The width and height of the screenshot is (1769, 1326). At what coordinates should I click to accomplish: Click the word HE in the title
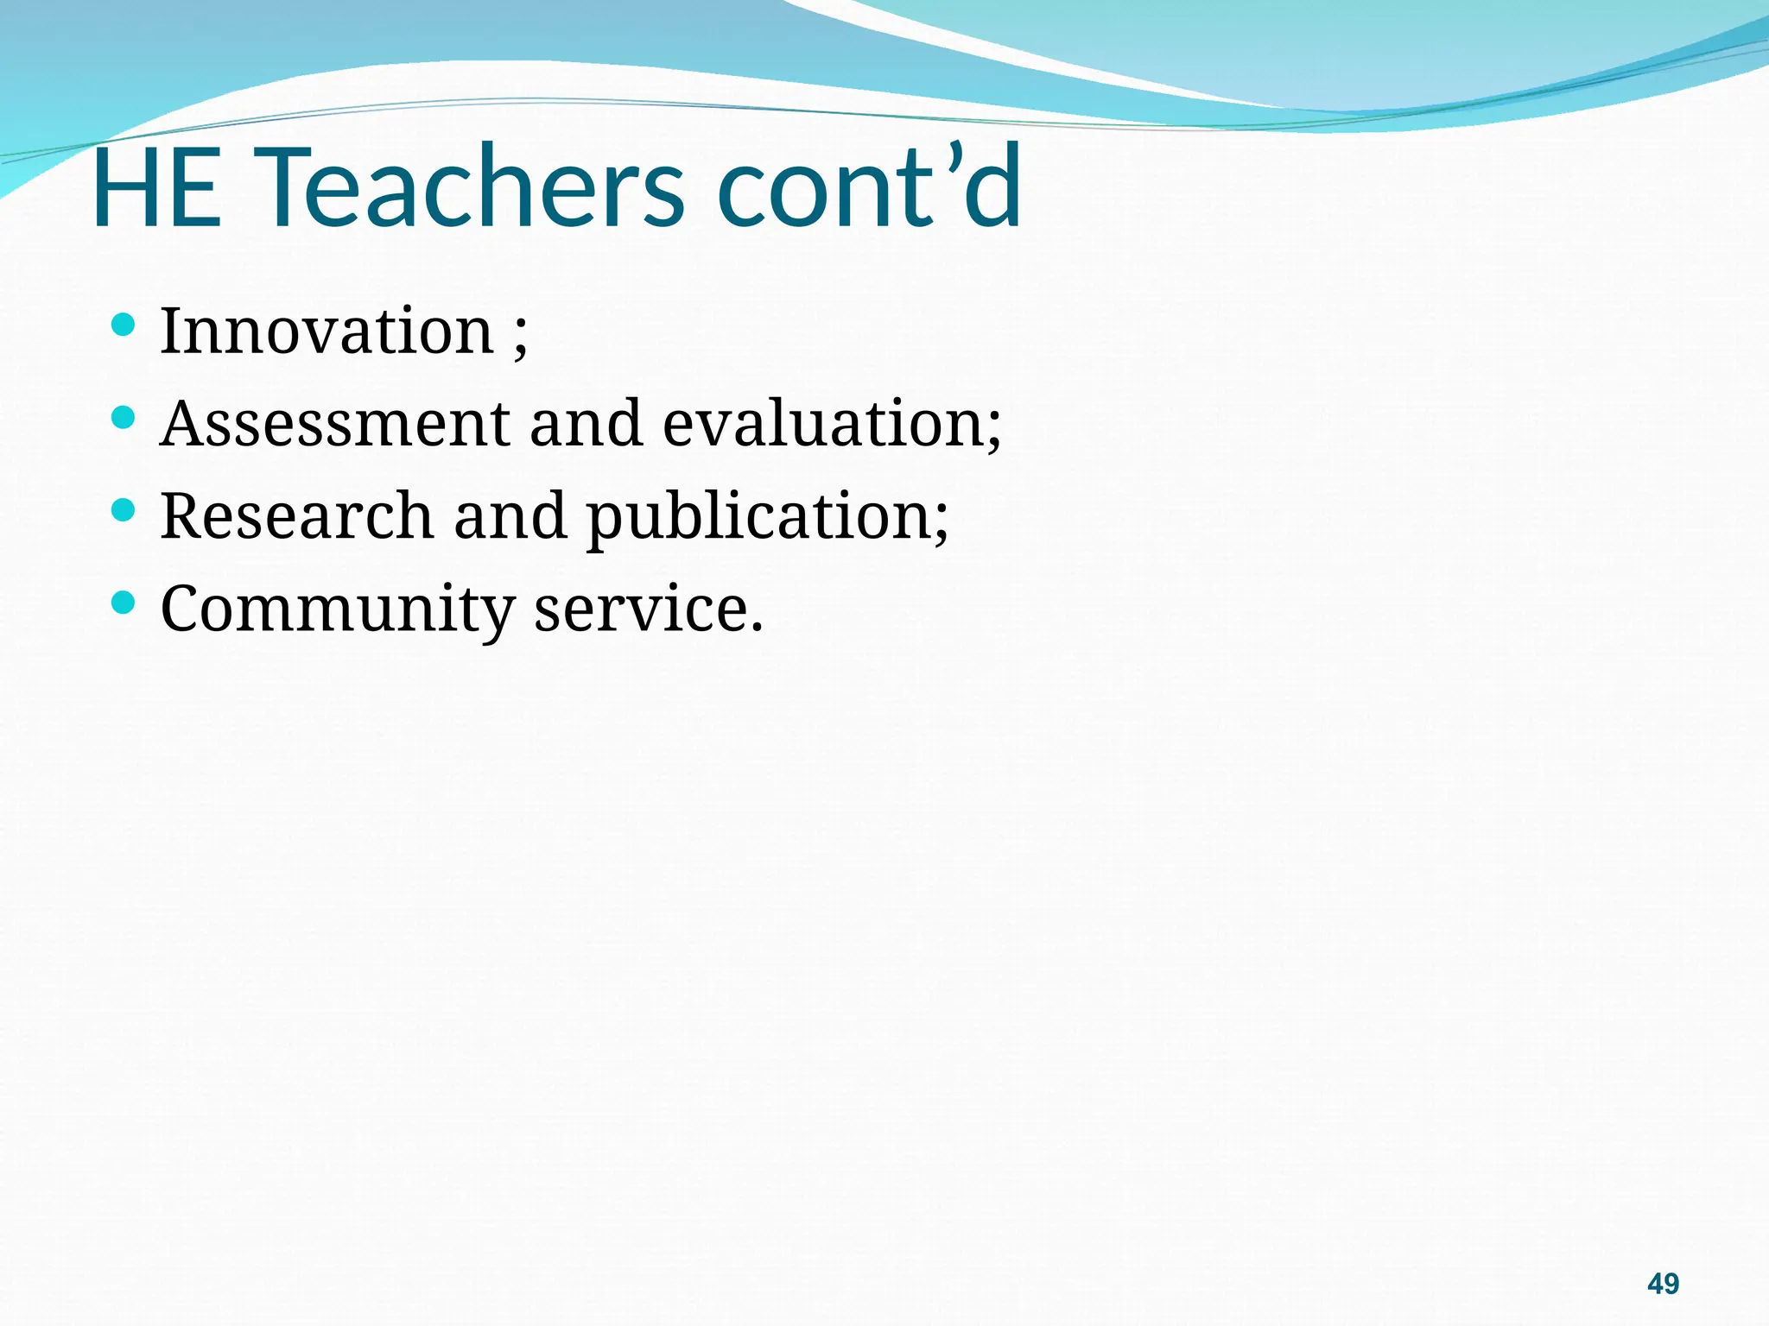point(156,188)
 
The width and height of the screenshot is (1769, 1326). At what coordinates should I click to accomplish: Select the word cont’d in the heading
point(868,188)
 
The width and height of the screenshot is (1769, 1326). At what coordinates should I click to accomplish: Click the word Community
point(337,609)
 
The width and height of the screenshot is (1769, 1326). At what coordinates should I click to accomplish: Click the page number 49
point(1663,1284)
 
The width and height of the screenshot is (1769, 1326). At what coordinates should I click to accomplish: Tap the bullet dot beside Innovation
point(124,325)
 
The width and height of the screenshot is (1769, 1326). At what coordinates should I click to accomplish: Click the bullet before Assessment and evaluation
point(124,418)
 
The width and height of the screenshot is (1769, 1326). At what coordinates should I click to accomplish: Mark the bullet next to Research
point(124,510)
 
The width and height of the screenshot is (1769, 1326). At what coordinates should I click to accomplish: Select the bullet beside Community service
point(124,602)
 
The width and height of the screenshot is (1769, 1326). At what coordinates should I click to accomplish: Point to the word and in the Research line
point(510,515)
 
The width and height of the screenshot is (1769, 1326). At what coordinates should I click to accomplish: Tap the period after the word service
point(757,627)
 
